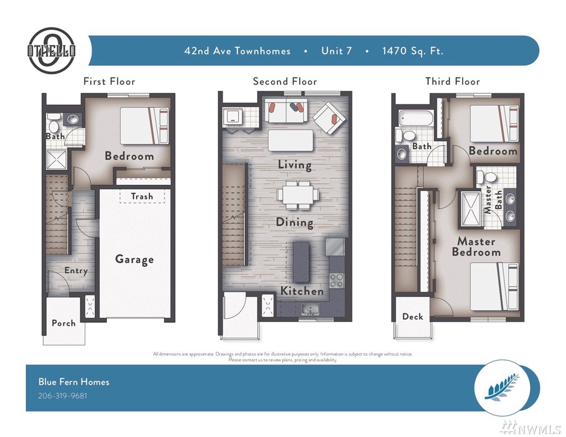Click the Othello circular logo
point(52,51)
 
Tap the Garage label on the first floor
point(134,260)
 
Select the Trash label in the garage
point(142,196)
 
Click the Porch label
point(63,323)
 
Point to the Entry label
point(76,271)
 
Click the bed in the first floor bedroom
point(144,126)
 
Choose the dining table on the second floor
point(298,195)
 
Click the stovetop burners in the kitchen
point(336,280)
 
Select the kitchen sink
point(311,309)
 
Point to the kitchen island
point(301,262)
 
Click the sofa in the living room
point(286,111)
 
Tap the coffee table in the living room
point(291,140)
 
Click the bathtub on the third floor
point(416,118)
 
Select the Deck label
point(413,316)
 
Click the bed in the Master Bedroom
point(494,286)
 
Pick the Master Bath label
point(493,200)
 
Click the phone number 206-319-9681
point(62,395)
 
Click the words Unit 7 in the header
point(336,51)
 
